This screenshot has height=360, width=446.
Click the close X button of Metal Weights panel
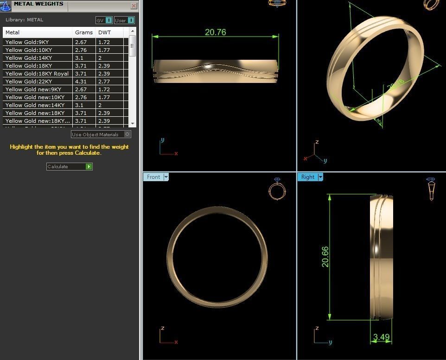(x=134, y=6)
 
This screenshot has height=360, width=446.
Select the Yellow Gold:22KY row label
(x=29, y=82)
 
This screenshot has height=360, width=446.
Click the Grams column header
(x=84, y=32)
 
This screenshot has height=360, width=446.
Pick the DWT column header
(x=104, y=32)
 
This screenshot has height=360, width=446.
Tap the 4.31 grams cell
(x=81, y=82)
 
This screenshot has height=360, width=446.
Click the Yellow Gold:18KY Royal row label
(x=37, y=74)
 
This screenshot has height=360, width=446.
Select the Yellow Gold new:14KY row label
(x=35, y=105)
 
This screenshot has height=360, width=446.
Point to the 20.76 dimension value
(x=216, y=32)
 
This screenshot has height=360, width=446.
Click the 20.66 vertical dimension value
(x=325, y=256)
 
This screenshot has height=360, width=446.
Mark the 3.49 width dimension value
(x=381, y=337)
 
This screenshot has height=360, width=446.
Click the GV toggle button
(x=104, y=20)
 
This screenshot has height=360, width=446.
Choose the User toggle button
(x=124, y=20)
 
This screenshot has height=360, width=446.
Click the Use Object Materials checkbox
(x=127, y=134)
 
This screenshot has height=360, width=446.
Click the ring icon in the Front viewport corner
(x=277, y=190)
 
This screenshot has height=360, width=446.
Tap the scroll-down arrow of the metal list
(x=133, y=124)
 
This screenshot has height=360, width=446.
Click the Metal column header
(x=13, y=32)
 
